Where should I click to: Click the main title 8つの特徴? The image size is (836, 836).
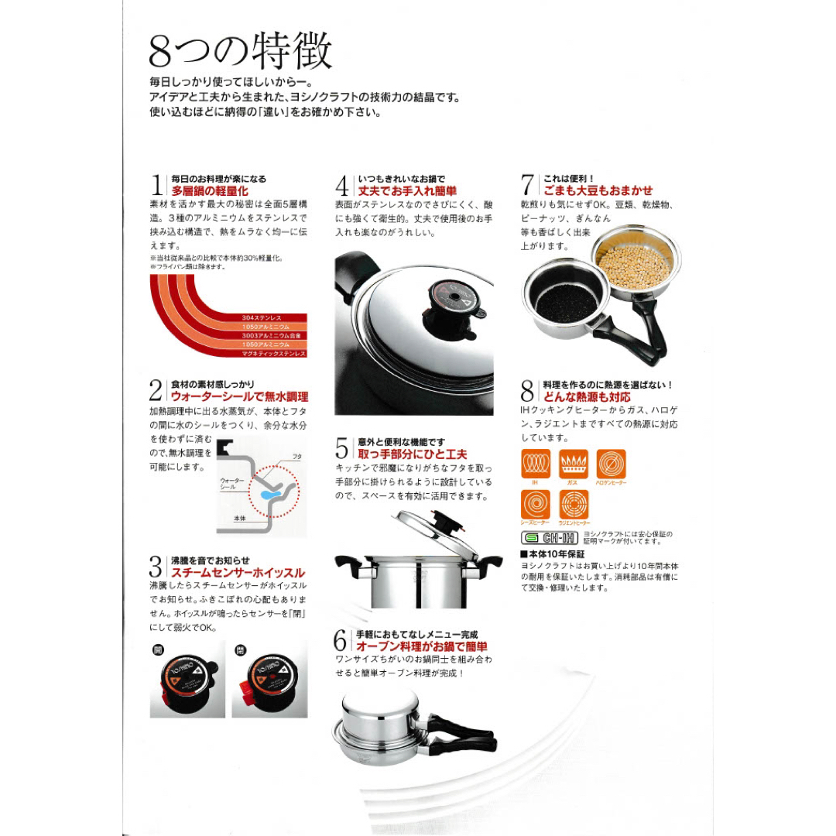[241, 53]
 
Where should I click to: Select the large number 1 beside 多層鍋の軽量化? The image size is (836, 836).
[157, 186]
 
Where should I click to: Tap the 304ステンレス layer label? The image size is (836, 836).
[263, 317]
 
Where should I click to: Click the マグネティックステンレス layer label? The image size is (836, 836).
[273, 353]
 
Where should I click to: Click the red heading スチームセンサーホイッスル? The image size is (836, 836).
[238, 573]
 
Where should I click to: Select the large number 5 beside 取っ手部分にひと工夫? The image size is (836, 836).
[342, 448]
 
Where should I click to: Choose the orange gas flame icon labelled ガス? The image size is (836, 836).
[574, 464]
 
